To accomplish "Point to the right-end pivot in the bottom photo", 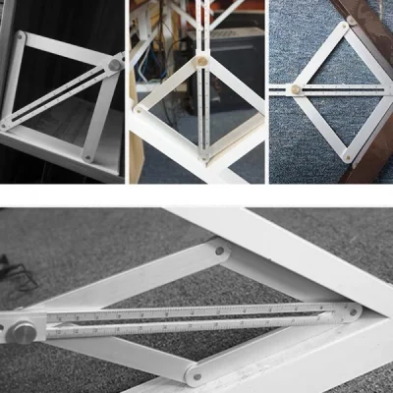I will coord(351,311).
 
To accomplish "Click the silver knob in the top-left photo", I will coord(115,65).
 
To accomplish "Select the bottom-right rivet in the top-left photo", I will coord(88,156).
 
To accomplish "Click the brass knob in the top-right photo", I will coord(292,90).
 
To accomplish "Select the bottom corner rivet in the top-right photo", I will coord(349,154).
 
